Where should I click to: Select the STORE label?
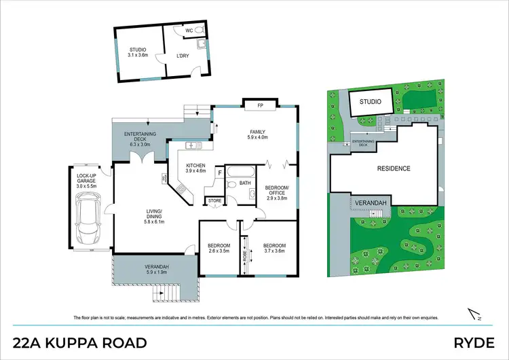(x=215, y=200)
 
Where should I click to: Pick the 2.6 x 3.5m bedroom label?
(x=219, y=248)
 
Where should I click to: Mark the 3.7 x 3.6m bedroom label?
(x=275, y=248)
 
